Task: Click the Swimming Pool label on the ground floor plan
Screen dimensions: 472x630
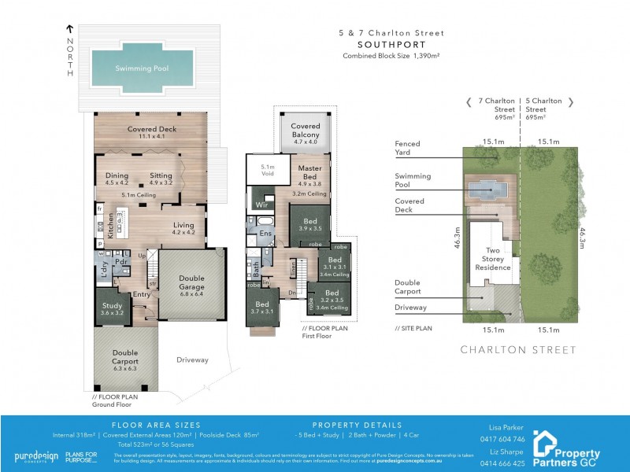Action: point(143,68)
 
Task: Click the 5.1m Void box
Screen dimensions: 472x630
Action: point(267,171)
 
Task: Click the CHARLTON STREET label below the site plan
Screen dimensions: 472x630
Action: point(518,349)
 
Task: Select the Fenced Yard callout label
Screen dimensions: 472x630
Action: point(407,149)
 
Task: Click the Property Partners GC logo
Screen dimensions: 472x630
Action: point(567,444)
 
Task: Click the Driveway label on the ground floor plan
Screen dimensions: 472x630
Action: point(192,360)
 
